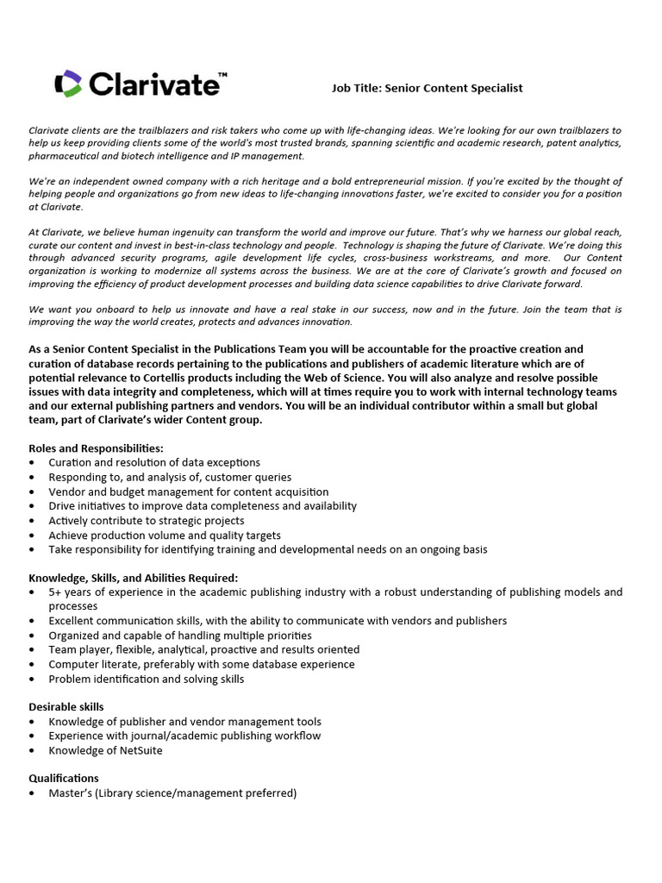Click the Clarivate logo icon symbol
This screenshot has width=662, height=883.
(x=67, y=84)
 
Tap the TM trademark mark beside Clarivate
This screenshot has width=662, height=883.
(x=222, y=77)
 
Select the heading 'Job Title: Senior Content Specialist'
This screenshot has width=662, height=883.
(x=428, y=88)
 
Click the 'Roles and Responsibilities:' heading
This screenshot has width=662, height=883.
(x=96, y=448)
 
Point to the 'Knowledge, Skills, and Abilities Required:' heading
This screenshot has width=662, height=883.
(x=133, y=578)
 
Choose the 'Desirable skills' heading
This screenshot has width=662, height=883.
(x=66, y=707)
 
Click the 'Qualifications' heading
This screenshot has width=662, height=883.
(x=64, y=778)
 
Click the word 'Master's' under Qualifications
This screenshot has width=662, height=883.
(x=72, y=792)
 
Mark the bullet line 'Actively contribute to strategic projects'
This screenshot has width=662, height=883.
(x=146, y=521)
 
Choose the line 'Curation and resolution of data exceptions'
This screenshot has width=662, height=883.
(x=154, y=463)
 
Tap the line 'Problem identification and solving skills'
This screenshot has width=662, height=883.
(x=146, y=679)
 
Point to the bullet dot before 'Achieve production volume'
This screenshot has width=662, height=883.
(x=32, y=535)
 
